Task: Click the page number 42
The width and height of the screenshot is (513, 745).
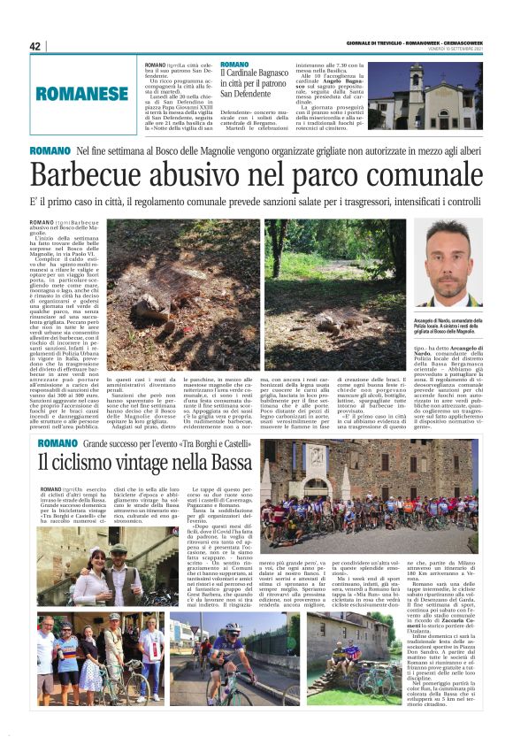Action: tap(36, 46)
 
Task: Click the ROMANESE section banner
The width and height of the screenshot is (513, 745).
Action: tap(82, 92)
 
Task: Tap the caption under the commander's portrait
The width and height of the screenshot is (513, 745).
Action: tap(447, 326)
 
